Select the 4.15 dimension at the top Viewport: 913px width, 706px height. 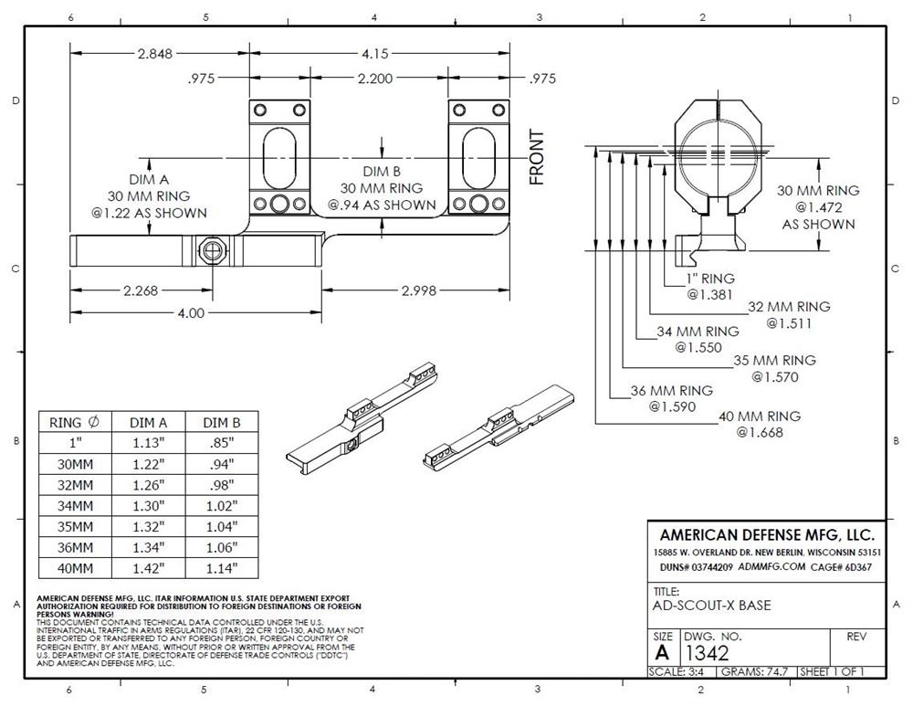point(375,53)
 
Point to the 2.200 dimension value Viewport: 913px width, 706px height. point(375,79)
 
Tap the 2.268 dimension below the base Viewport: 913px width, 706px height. point(141,291)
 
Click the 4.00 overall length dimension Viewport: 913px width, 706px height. point(191,312)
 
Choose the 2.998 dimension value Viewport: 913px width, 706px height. point(416,291)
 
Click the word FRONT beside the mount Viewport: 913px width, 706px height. point(537,157)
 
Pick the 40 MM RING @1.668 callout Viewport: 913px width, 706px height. point(760,424)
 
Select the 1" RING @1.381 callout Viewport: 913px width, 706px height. point(710,286)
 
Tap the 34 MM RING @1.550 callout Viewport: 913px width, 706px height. point(698,339)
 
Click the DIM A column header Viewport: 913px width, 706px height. point(148,422)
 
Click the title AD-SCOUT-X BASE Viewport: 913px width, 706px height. point(712,606)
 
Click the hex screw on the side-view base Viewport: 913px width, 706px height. point(213,248)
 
